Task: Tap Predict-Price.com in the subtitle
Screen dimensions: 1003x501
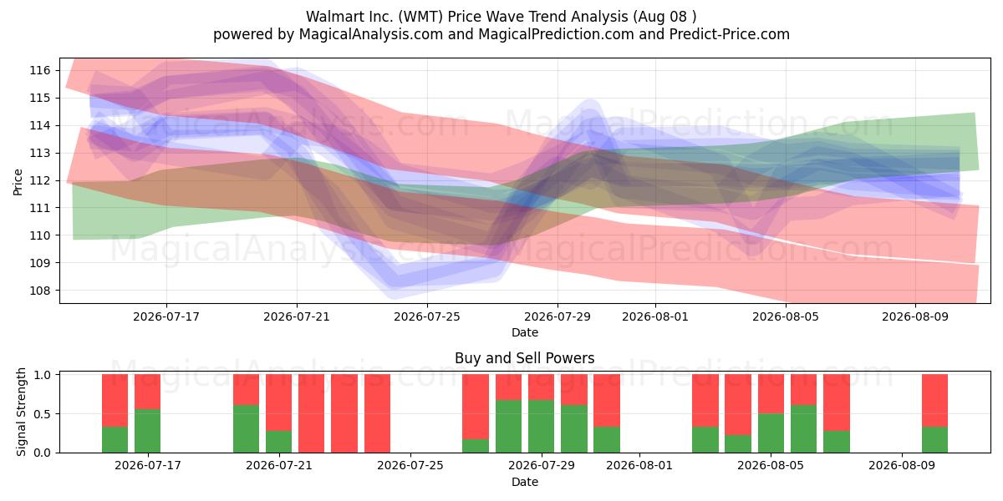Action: [730, 34]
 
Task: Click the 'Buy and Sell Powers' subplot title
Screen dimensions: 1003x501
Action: [524, 358]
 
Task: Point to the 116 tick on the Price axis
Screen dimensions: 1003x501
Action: [40, 70]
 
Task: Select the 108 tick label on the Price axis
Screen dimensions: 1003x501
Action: [40, 291]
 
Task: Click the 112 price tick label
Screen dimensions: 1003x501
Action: [40, 180]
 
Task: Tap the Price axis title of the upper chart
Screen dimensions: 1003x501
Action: [18, 182]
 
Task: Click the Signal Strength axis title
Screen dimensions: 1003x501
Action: [21, 412]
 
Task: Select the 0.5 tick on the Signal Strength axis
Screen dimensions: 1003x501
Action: [43, 414]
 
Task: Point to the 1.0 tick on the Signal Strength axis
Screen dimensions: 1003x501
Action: [43, 374]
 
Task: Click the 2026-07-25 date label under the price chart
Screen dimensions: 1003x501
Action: [427, 316]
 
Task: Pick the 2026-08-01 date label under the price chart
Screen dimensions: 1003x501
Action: [655, 316]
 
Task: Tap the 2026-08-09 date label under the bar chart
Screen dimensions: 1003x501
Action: [902, 466]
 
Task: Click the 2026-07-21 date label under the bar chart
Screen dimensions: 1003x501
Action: [279, 466]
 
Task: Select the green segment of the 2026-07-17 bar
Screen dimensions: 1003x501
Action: [147, 431]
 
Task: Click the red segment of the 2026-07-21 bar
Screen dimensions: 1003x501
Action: [278, 402]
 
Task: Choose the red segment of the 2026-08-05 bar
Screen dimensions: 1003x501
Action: [771, 394]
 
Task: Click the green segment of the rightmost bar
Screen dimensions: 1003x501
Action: [934, 440]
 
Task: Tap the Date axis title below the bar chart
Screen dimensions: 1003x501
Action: [524, 482]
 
